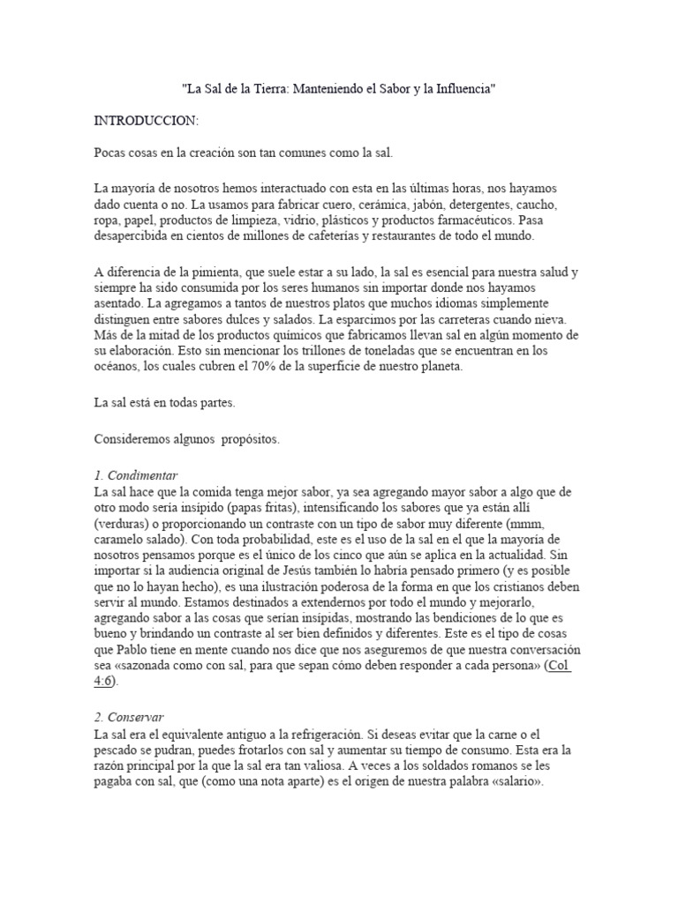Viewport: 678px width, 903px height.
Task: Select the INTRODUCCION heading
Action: [x=147, y=119]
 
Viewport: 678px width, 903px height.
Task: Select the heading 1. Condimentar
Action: [x=136, y=475]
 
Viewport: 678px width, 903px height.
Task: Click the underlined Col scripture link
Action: [x=560, y=665]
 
